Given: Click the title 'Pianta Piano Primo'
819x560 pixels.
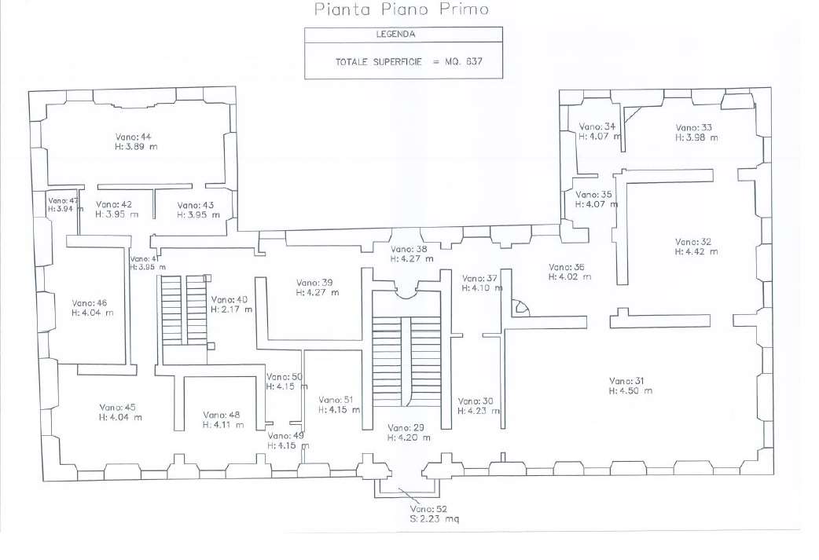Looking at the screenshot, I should pos(401,10).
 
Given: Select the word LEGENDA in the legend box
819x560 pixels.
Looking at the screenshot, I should pos(403,35).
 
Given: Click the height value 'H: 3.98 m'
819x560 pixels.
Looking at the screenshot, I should pos(696,137).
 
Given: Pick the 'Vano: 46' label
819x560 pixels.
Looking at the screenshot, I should pos(90,302).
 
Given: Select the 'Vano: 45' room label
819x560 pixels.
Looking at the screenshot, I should pos(117,407).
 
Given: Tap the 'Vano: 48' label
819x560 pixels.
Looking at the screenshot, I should pos(221,415).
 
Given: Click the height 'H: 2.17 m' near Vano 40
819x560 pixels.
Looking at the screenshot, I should pos(232,309).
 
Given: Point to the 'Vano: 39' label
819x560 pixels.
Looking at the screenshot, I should pos(315,282).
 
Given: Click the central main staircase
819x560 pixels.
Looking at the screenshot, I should pos(406,357).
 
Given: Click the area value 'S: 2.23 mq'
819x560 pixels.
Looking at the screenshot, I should pos(431,519).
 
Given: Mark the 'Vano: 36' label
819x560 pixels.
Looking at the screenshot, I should pos(567,267).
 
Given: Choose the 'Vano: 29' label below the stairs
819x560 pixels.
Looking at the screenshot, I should pos(406,427).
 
